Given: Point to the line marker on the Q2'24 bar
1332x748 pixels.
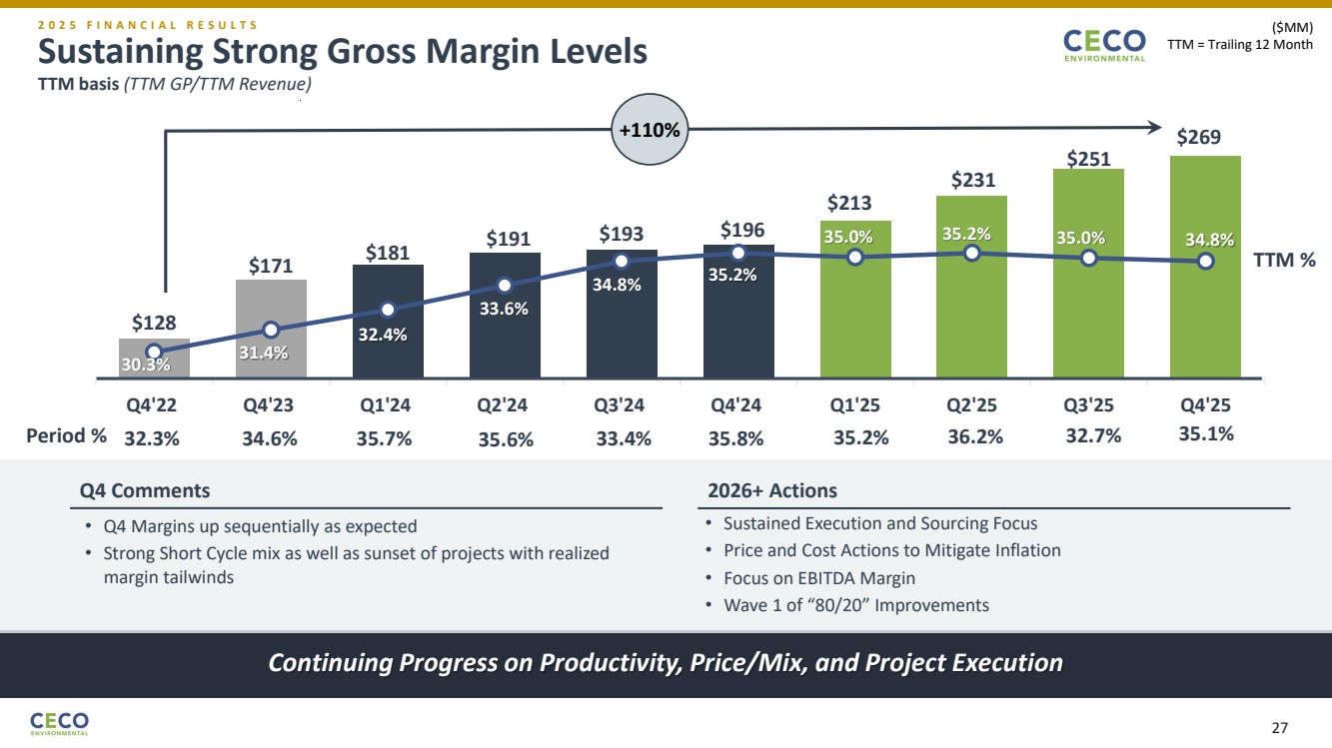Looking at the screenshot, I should pos(505,283).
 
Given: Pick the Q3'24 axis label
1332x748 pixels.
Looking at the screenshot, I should pos(621,405).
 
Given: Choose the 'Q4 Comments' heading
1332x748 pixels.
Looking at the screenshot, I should pos(145,490).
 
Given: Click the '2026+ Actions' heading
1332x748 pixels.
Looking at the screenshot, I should pos(771,490).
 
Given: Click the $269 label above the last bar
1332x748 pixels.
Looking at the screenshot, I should pos(1197,137).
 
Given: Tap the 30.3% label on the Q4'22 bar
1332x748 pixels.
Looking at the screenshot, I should pos(146,366).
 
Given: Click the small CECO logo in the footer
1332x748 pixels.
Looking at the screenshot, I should pos(60,722).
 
